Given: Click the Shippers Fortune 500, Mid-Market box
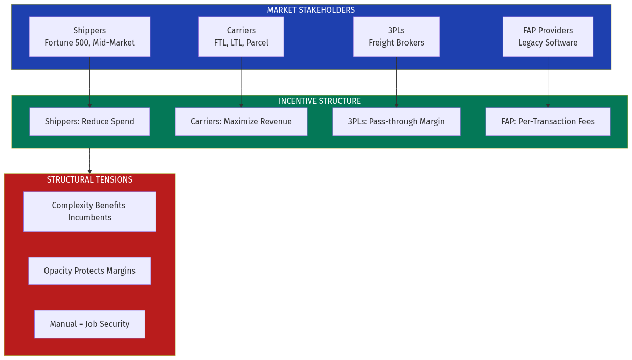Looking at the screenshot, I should point(89,36).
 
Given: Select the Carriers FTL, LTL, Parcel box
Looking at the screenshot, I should point(241,36).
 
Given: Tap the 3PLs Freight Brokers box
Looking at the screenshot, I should point(396,36).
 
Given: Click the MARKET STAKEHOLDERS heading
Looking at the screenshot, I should point(311,10).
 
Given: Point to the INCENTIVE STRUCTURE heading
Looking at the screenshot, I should point(320,101).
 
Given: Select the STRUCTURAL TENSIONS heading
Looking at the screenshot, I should point(89,180).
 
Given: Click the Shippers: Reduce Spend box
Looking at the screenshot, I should point(89,122).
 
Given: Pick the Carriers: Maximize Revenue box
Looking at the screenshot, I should point(241,122).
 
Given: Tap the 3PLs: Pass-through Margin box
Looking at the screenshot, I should point(396,122).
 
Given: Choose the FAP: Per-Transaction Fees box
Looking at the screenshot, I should point(548,122).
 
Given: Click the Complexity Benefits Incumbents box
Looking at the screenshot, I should point(89,212).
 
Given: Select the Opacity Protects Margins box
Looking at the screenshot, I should point(89,271).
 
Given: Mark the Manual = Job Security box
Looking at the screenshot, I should point(89,324).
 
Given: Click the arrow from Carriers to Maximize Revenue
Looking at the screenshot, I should point(241,82).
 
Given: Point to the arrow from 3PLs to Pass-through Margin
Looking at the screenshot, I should point(396,82).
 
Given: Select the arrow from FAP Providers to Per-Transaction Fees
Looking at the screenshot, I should point(548,82).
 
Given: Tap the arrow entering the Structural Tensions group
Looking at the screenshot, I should point(89,161).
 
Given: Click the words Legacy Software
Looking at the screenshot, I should point(548,43).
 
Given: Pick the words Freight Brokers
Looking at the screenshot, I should point(396,43).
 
